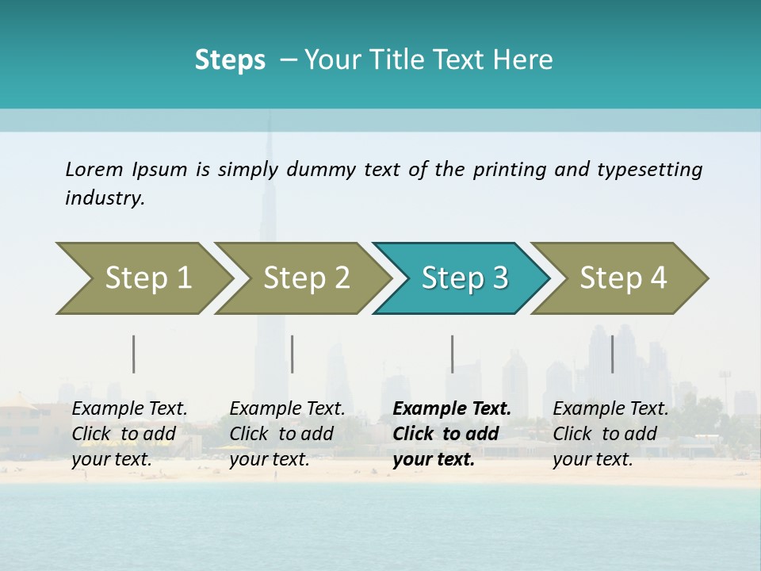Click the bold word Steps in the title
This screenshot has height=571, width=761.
pyautogui.click(x=230, y=59)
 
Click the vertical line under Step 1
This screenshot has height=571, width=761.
pyautogui.click(x=134, y=354)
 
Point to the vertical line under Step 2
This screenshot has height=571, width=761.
pyautogui.click(x=293, y=354)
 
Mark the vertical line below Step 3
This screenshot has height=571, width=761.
pyautogui.click(x=453, y=354)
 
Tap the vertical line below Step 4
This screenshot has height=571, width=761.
pyautogui.click(x=613, y=354)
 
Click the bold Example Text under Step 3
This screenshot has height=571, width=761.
pyautogui.click(x=452, y=434)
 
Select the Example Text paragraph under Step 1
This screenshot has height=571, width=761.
pyautogui.click(x=129, y=434)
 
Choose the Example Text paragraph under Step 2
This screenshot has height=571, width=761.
pyautogui.click(x=287, y=434)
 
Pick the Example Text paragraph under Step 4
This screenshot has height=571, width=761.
pyautogui.click(x=610, y=434)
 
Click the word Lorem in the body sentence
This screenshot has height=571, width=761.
pyautogui.click(x=94, y=170)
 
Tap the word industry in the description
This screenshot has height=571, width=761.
pyautogui.click(x=105, y=198)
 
